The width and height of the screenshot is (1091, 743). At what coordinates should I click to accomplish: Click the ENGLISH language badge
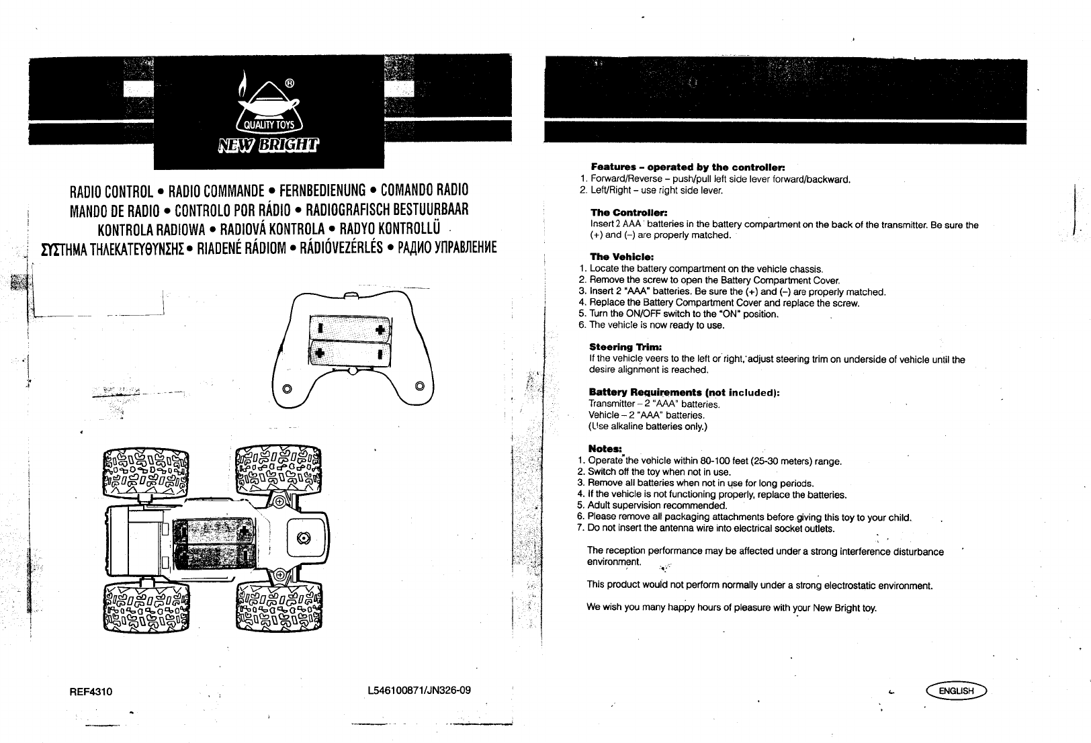[956, 691]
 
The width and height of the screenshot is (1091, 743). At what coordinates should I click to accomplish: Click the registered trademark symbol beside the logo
[290, 83]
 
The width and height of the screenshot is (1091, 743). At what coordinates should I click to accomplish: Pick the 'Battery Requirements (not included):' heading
[684, 392]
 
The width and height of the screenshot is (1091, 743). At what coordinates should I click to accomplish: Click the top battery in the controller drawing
[349, 329]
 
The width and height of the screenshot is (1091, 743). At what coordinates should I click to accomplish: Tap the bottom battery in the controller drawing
[349, 353]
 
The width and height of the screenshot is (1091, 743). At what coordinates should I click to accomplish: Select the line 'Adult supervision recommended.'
[657, 505]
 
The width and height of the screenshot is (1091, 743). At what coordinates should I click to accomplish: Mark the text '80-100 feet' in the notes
[724, 462]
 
